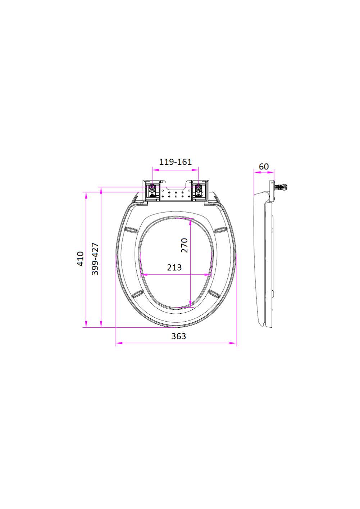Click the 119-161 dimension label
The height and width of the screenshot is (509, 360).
click(175, 162)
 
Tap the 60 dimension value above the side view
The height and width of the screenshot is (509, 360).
click(264, 167)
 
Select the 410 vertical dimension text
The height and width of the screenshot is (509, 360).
click(81, 259)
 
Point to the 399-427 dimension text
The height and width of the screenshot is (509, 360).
click(95, 259)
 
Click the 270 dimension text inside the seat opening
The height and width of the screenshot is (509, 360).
click(184, 245)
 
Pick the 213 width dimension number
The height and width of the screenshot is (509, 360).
click(174, 267)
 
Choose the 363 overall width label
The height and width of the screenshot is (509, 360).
click(178, 336)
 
